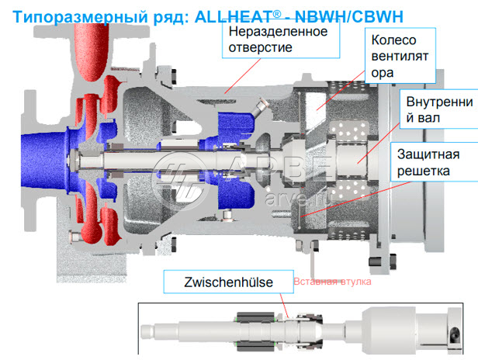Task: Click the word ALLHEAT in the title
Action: click(234, 16)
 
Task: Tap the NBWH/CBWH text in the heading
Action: click(349, 16)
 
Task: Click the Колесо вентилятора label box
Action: click(400, 56)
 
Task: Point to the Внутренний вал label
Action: click(439, 109)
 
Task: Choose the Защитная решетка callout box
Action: click(435, 162)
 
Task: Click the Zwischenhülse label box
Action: click(229, 282)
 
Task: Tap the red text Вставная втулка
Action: click(332, 282)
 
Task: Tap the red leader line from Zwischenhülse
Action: click(284, 306)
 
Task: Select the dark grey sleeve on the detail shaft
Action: click(255, 330)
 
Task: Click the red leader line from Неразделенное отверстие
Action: click(243, 76)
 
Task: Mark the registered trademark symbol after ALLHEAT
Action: click(276, 14)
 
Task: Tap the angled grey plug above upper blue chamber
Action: click(259, 108)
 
